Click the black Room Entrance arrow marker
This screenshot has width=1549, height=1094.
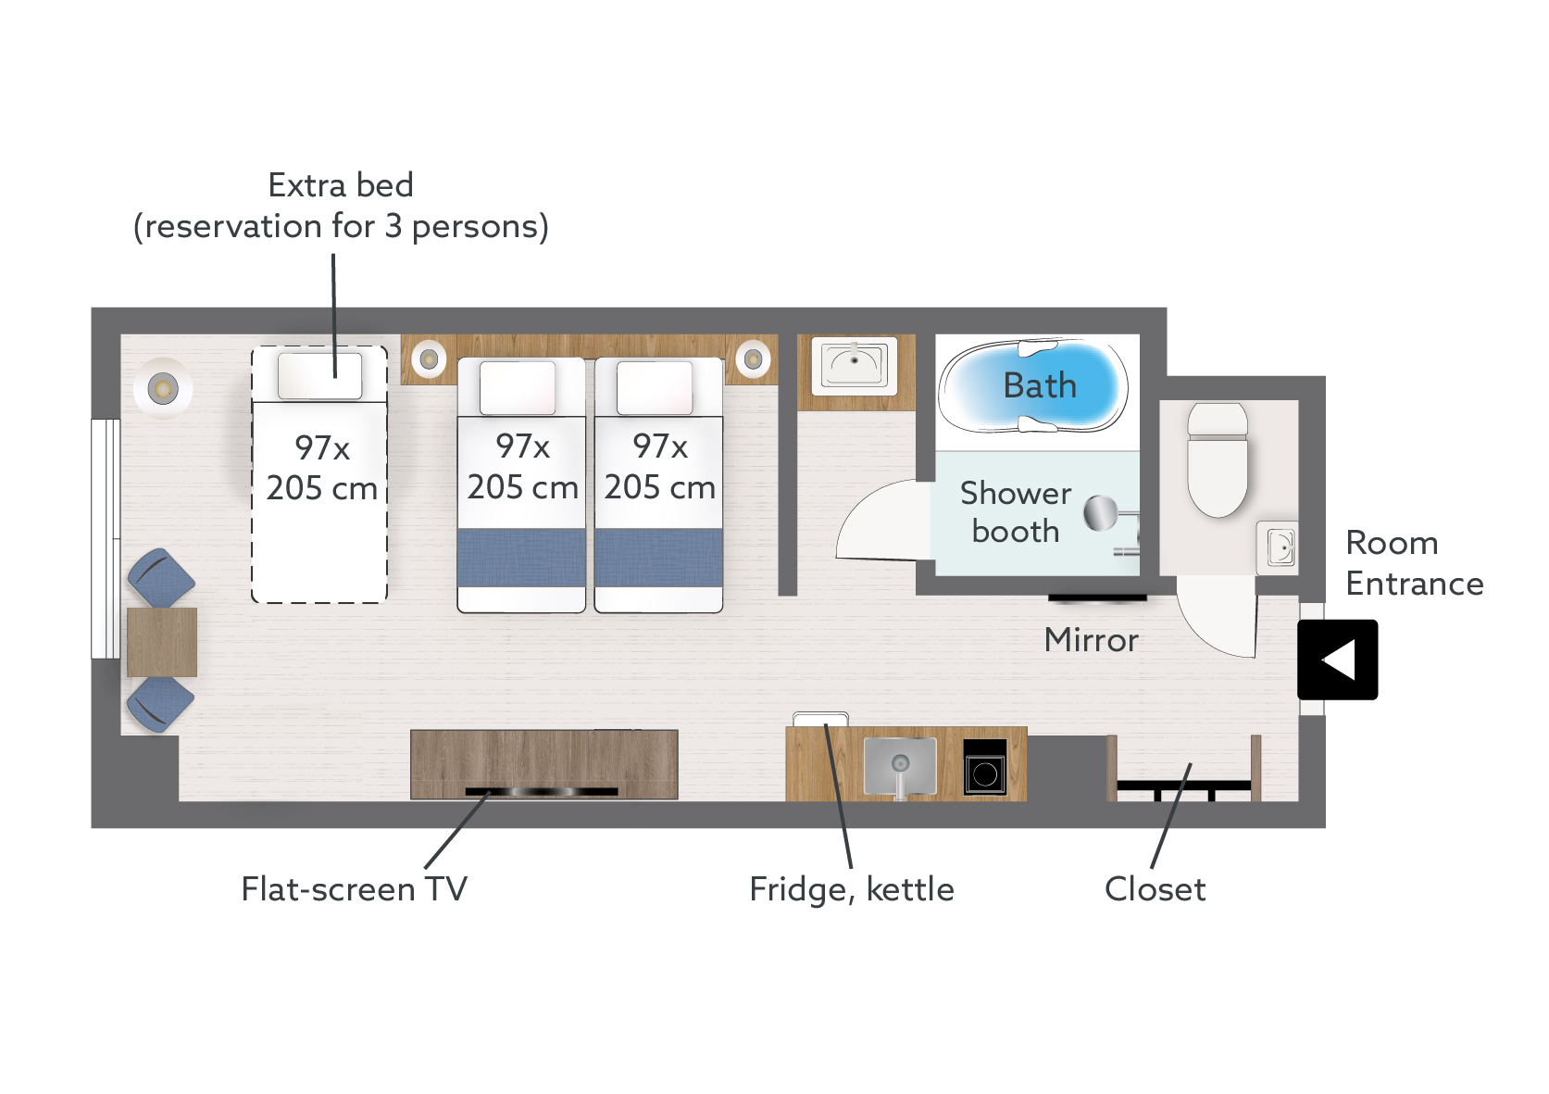point(1337,660)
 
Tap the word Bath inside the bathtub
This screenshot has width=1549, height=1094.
point(1040,385)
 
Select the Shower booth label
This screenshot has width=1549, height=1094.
point(1015,512)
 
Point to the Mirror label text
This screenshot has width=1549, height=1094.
point(1091,640)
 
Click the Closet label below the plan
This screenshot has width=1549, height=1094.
point(1155,889)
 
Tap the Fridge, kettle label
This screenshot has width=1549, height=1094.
point(851,889)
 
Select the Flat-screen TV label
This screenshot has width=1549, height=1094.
point(354,889)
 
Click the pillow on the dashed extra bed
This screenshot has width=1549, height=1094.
point(320,376)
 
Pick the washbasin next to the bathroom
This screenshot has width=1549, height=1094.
point(855,364)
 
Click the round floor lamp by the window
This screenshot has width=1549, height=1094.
point(163,388)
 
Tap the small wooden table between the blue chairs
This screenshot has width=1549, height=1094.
point(162,642)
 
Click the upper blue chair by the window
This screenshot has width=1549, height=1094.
point(161,578)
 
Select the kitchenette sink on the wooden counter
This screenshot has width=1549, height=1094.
point(899,766)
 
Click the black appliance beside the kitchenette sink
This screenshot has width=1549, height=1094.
point(984,768)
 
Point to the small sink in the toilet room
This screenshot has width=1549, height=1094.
point(1278,547)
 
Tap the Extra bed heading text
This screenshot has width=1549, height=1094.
point(340,185)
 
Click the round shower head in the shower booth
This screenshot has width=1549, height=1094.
point(1101,512)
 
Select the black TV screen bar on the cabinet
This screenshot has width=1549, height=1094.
point(542,792)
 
